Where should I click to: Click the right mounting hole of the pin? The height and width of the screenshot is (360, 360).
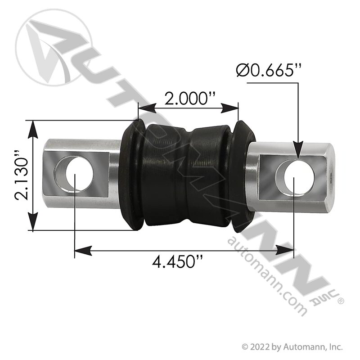301,178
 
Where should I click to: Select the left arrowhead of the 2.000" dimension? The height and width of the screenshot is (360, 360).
147,108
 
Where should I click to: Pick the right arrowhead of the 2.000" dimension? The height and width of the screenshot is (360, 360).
229,108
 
